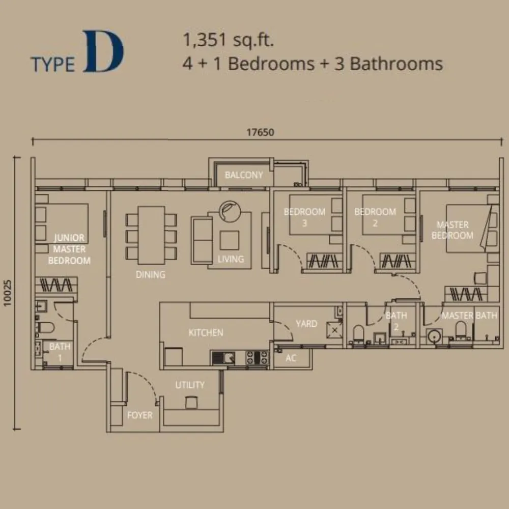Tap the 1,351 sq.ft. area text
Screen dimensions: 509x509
pos(229,40)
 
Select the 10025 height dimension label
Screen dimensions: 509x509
pos(7,293)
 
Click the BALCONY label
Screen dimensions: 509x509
pos(244,175)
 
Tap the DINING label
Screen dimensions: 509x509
pos(150,274)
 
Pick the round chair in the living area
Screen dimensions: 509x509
pos(232,210)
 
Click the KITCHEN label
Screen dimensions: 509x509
pos(206,332)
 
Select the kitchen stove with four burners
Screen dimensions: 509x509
pos(258,358)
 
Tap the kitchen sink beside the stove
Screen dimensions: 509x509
pos(224,358)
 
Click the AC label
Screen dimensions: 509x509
pos(291,358)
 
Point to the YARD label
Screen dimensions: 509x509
pos(306,324)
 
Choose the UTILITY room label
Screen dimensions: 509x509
pos(190,385)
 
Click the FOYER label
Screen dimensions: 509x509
pos(139,415)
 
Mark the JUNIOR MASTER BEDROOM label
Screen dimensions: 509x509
pos(69,249)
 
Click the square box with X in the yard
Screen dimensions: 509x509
pos(335,331)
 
